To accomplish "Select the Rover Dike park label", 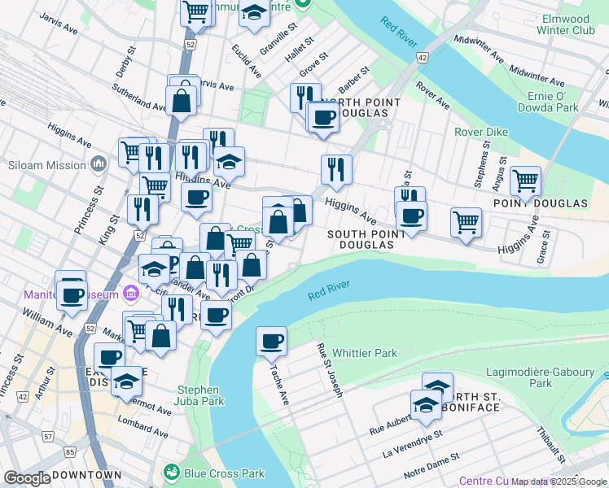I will click(x=481, y=132).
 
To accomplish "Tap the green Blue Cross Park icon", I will click(x=172, y=473).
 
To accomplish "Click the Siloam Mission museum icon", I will click(x=99, y=165).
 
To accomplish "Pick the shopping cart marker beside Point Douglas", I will click(x=525, y=181).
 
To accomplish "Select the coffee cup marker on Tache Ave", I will click(x=271, y=341).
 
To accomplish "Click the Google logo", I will click(x=27, y=478).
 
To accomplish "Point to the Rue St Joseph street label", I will click(x=329, y=370).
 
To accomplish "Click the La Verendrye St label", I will click(x=411, y=447).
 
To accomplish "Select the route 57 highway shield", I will click(x=48, y=438).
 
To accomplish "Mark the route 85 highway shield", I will click(x=70, y=452).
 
